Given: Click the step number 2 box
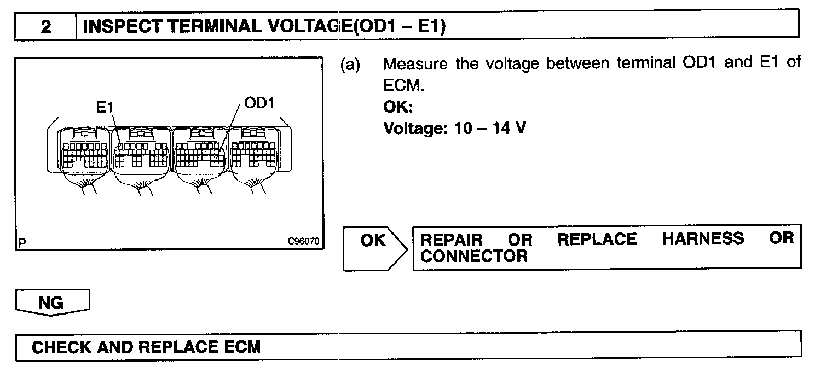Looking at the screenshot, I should click(45, 26).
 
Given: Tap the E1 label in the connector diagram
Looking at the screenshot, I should click(105, 108).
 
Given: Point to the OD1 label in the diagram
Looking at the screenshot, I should click(258, 103).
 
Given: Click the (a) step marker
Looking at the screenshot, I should click(350, 65).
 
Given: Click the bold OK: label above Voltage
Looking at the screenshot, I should click(398, 108).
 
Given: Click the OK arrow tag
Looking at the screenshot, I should click(374, 241).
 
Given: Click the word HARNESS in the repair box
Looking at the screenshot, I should click(703, 239).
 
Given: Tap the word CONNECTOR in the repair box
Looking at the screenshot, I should click(474, 256).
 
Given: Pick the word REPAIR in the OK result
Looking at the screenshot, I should click(452, 240).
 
